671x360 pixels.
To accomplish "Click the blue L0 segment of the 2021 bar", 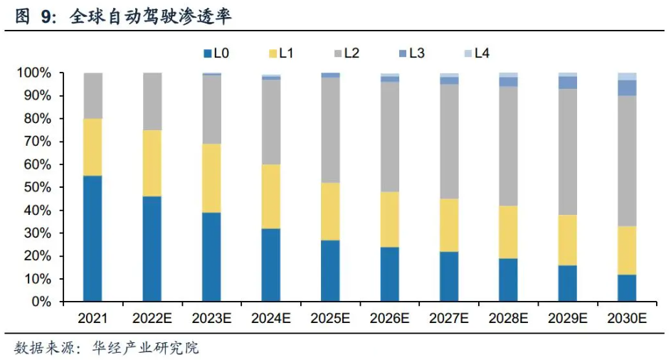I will click(x=93, y=238).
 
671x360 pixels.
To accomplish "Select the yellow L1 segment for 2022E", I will click(x=152, y=163).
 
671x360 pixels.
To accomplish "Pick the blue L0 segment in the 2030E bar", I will click(x=627, y=287).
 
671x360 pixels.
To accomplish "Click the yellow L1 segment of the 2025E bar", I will click(x=330, y=211).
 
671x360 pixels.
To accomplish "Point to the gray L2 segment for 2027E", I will click(x=449, y=142).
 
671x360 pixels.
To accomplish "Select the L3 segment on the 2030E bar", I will click(x=627, y=88).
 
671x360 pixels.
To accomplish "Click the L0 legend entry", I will click(x=216, y=53).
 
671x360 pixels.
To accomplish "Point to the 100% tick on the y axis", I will click(x=33, y=73).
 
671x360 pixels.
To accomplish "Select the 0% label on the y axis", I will click(x=39, y=302).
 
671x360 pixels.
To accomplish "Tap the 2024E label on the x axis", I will click(x=270, y=318).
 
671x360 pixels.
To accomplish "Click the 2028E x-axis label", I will click(x=508, y=318).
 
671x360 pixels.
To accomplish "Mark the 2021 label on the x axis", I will click(x=93, y=318).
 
